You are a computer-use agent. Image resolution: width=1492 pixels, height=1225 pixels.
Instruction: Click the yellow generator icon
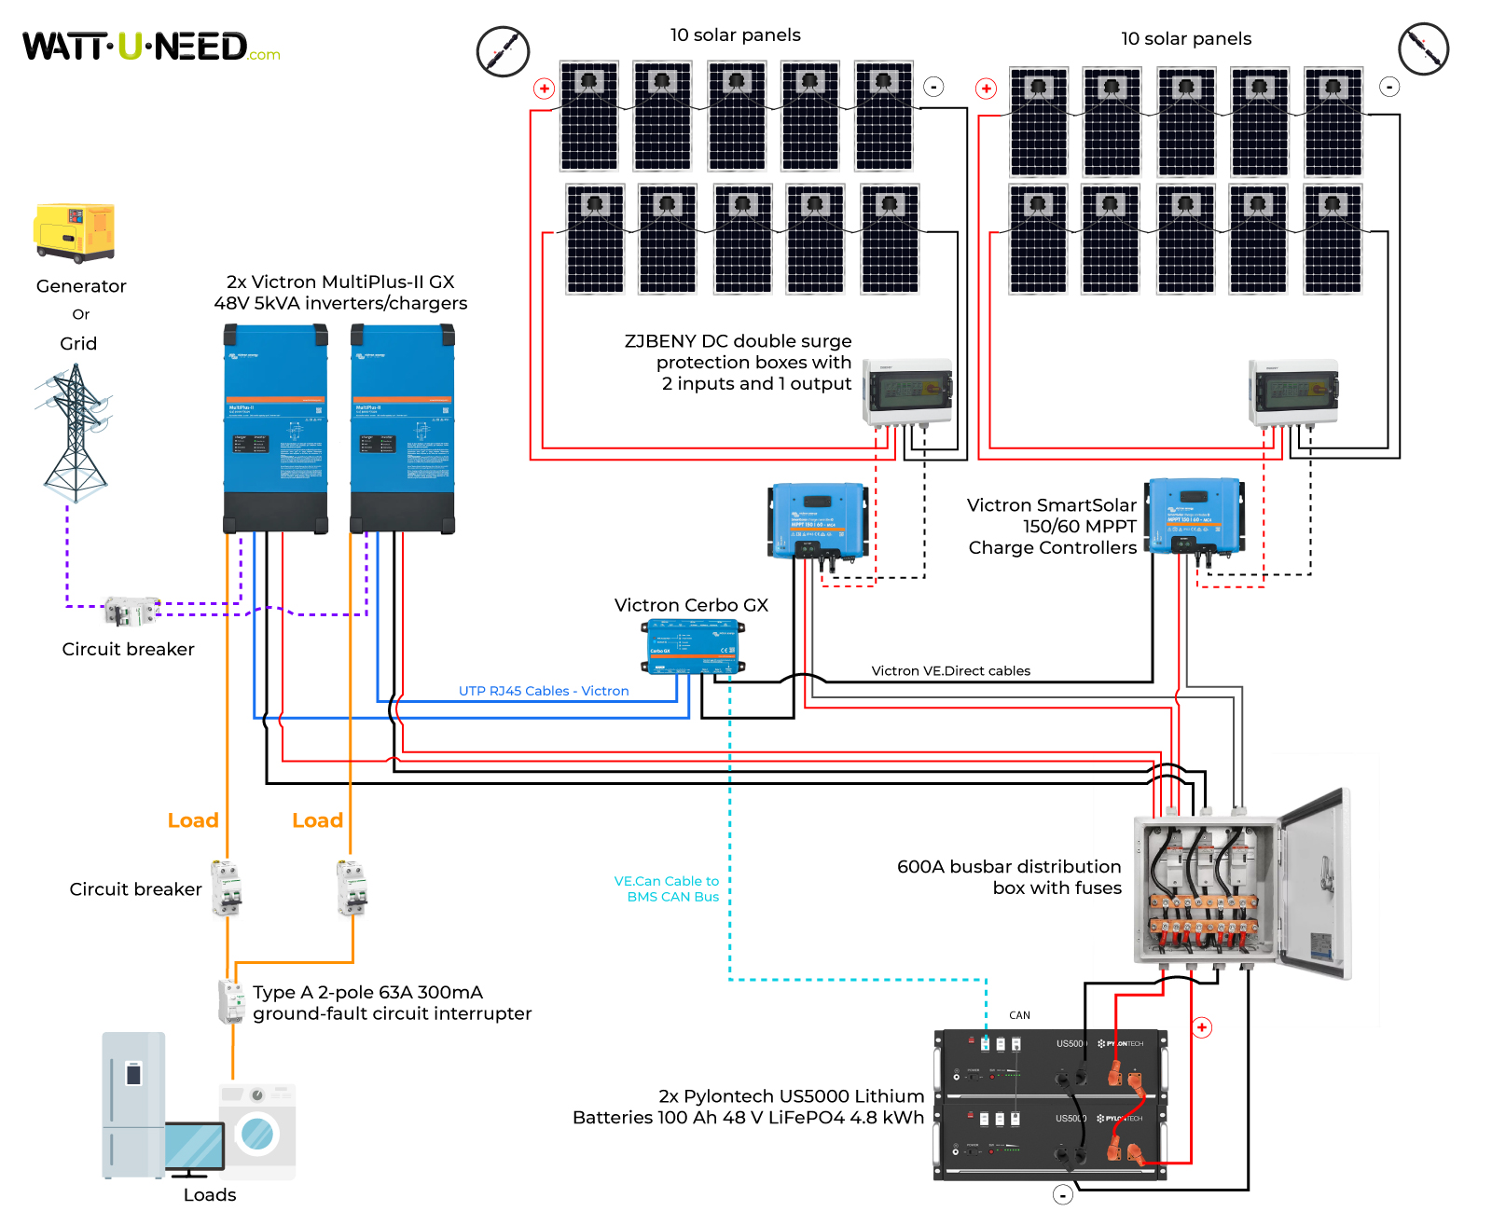(75, 232)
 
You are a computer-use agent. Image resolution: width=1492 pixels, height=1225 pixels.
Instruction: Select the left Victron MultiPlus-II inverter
(276, 428)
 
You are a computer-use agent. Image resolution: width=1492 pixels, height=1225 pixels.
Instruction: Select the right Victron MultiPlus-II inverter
(402, 428)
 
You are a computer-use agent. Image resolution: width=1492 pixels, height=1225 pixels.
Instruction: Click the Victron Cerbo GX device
(693, 646)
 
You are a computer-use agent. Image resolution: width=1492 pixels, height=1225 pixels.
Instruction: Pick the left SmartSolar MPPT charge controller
(818, 520)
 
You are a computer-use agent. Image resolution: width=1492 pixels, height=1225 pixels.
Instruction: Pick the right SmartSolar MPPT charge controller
(1195, 516)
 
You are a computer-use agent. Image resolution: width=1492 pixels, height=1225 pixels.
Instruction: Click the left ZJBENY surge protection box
(908, 391)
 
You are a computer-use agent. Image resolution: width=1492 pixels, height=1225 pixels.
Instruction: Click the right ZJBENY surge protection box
(1293, 391)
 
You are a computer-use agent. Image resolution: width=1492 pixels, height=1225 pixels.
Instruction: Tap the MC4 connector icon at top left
(503, 51)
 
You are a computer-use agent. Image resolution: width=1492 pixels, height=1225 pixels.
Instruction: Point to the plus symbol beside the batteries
(1202, 1027)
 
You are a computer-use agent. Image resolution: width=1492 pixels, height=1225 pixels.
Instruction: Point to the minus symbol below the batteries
(1062, 1195)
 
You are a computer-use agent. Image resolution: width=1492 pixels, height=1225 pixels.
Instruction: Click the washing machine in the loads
(257, 1131)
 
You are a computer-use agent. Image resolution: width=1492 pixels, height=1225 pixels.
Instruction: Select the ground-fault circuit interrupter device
(230, 1001)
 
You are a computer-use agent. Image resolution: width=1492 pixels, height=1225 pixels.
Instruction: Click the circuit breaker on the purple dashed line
(131, 612)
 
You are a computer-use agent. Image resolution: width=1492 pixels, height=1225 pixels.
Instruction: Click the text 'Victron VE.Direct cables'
(950, 670)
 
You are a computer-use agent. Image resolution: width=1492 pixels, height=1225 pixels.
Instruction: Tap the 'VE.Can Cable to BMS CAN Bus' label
(667, 888)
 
